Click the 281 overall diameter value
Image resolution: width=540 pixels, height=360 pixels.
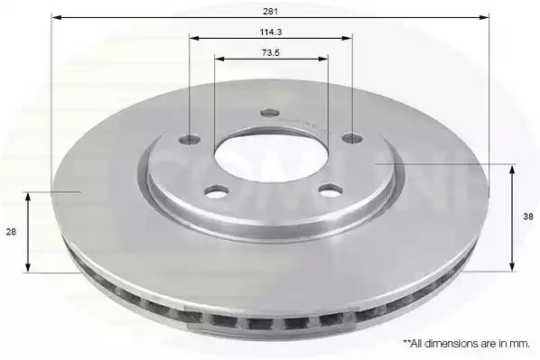point(270,12)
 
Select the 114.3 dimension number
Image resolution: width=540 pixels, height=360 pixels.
point(271,32)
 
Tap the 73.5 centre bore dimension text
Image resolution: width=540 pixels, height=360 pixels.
point(271,53)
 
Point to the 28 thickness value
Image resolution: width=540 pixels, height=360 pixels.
point(11,232)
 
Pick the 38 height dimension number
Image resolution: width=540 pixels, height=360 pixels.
point(528,217)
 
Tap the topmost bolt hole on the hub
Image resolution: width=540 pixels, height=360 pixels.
point(270,113)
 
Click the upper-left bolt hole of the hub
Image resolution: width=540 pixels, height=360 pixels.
point(190,139)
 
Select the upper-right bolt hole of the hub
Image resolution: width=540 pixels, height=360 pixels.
point(351,138)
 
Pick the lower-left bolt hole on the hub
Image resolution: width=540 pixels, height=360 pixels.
point(217,191)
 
